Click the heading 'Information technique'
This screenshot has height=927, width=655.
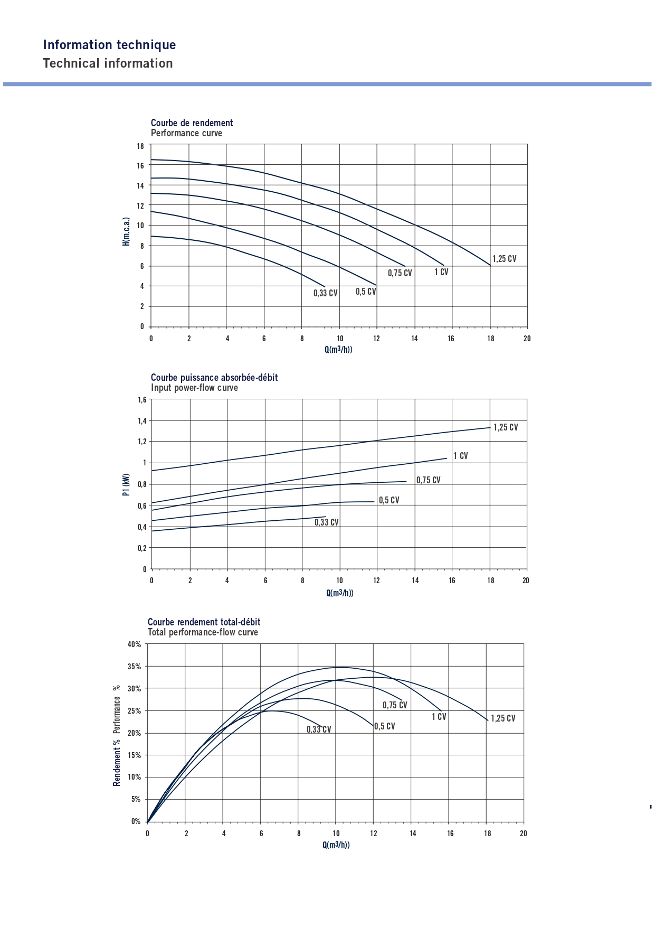109,45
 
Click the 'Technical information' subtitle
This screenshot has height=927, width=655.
108,63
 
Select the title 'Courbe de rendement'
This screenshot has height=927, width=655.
192,123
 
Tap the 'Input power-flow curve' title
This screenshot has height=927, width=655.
194,388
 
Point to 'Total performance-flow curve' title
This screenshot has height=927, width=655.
203,632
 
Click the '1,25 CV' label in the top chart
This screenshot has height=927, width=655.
504,259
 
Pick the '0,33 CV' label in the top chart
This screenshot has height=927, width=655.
325,293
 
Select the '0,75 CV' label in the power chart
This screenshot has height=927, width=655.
428,480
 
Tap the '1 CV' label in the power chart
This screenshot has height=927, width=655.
460,456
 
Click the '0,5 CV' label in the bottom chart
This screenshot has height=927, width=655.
384,726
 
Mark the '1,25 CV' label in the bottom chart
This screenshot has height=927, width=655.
503,718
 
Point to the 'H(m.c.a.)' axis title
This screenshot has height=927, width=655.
126,231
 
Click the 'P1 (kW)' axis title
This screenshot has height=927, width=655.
126,484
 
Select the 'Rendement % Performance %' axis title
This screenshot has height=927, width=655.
117,735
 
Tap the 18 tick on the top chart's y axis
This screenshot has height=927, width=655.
140,146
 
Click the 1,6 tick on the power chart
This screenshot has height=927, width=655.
142,400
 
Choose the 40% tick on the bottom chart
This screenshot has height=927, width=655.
134,644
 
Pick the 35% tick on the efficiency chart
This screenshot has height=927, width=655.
134,667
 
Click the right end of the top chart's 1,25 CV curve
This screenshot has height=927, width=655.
490,265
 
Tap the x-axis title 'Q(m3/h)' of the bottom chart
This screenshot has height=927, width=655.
336,845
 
